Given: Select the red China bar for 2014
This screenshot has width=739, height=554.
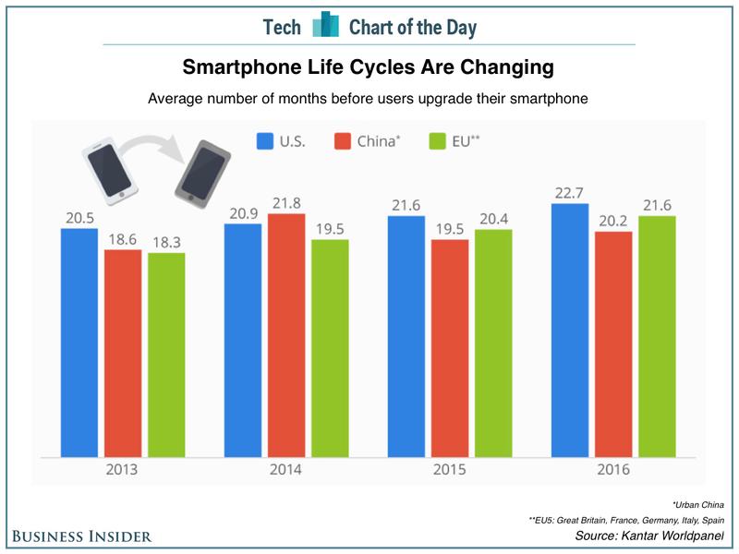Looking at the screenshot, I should pos(285,334).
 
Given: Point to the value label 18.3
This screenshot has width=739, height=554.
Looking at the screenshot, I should pos(165,240).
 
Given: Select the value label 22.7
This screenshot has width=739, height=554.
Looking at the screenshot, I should pos(570,191).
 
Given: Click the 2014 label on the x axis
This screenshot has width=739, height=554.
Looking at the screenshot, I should pos(286,470).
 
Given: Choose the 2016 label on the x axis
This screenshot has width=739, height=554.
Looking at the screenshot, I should pos(613,470).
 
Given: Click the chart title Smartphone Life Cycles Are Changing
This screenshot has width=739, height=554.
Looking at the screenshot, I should pos(369,67).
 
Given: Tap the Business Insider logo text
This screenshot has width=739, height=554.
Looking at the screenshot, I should pos(81,536).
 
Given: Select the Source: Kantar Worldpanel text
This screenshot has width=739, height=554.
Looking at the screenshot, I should pos(650,536).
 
